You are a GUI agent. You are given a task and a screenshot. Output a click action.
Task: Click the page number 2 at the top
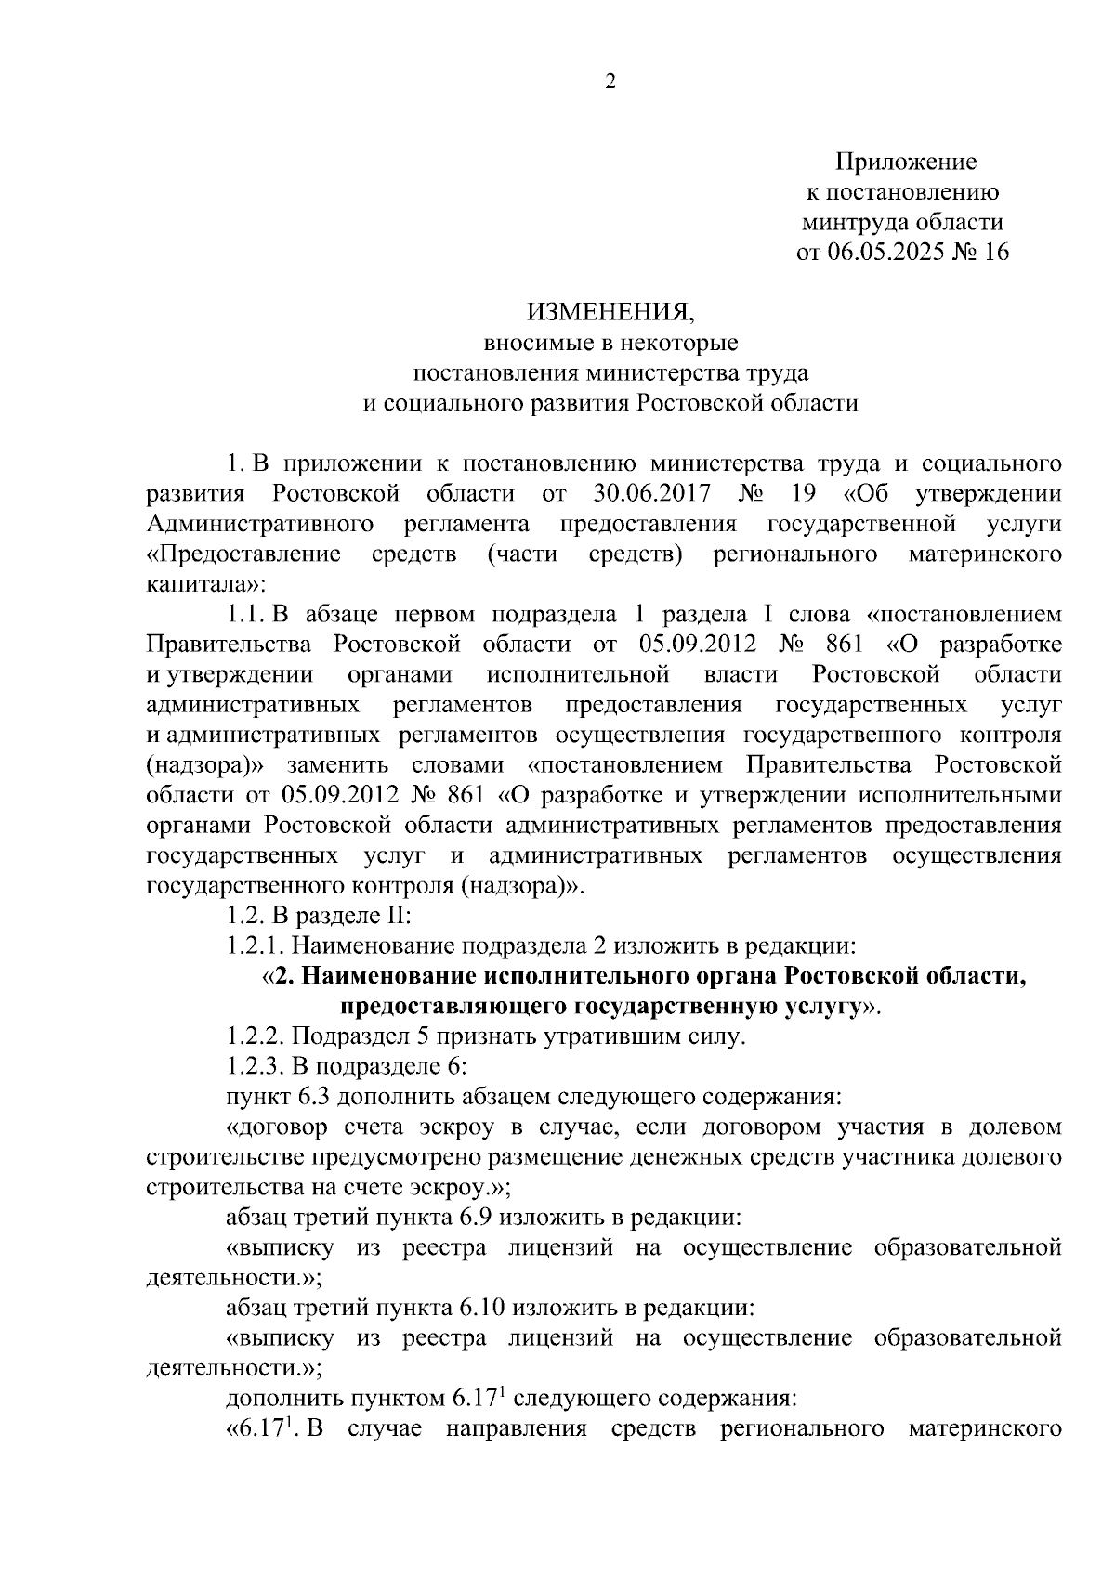[x=610, y=84]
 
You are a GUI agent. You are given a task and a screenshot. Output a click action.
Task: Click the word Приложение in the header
[x=906, y=163]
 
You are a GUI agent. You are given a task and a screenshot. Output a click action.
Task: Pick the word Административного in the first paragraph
[x=260, y=523]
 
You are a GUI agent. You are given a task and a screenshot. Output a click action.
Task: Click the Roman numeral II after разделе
[x=397, y=916]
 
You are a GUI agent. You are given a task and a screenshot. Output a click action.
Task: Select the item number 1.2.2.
[x=254, y=1036]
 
